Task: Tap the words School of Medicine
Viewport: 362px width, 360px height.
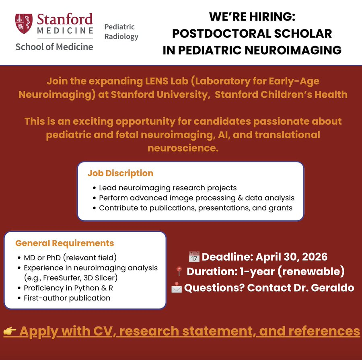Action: click(x=54, y=47)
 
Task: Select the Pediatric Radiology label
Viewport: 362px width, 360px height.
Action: click(x=121, y=32)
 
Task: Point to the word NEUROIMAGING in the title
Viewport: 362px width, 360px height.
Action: click(x=298, y=50)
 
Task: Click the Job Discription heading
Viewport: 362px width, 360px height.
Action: click(x=120, y=173)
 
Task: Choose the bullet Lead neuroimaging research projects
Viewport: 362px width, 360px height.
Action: click(x=168, y=188)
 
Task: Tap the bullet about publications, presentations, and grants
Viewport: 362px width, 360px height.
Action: click(x=195, y=208)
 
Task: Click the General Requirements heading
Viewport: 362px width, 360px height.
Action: click(x=64, y=243)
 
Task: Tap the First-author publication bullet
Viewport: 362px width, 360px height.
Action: click(x=67, y=298)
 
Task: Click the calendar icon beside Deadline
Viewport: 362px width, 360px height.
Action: click(x=194, y=257)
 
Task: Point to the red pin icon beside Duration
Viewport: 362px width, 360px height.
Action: click(x=179, y=272)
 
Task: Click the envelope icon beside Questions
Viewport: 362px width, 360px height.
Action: click(x=177, y=288)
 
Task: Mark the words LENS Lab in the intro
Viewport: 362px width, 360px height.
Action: click(x=149, y=81)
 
